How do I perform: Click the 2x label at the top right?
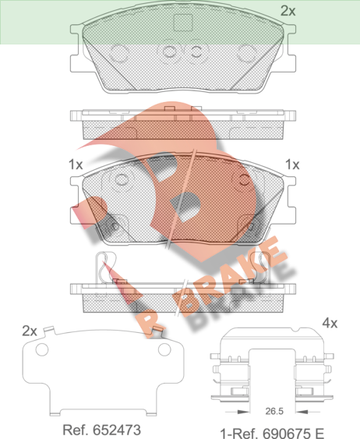coord(288,11)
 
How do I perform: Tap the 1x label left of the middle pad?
coord(76,165)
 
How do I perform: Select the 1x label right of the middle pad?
coord(292,165)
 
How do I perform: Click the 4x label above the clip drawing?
coord(330,323)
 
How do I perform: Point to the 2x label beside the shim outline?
coord(30,331)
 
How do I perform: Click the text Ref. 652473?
coord(101,430)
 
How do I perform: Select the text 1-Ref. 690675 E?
coord(272,434)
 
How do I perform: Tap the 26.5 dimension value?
coord(274,411)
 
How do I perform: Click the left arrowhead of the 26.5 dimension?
coord(243,412)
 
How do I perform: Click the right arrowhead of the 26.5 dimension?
coord(302,412)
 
